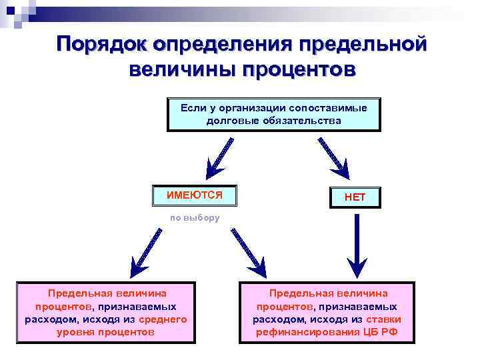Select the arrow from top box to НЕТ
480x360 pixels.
click(x=333, y=157)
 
